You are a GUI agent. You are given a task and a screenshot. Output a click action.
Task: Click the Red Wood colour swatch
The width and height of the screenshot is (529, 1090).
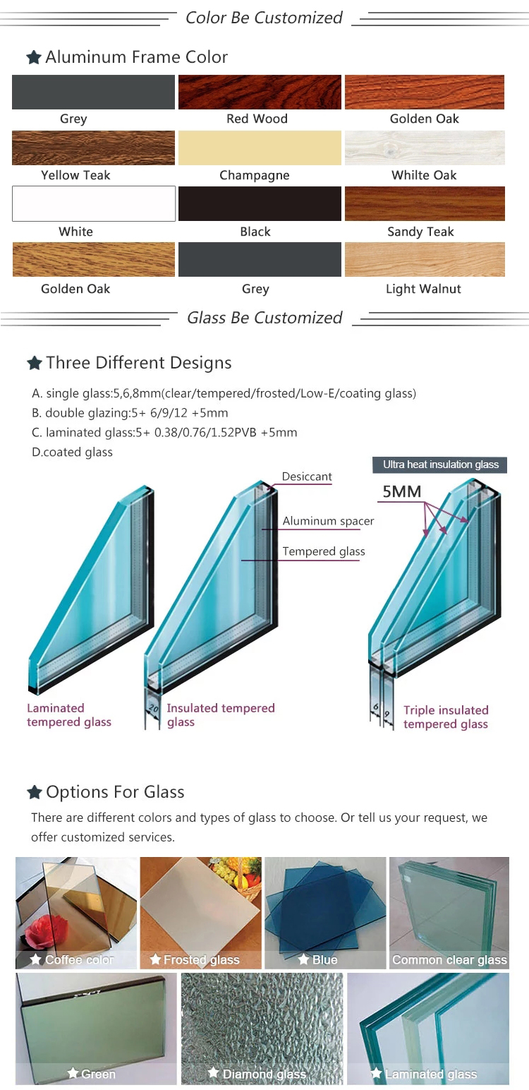tap(260, 92)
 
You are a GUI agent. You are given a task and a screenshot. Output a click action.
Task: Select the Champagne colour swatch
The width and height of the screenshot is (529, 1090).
tap(260, 148)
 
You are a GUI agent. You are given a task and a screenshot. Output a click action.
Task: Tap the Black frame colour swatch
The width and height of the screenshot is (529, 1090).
tap(260, 204)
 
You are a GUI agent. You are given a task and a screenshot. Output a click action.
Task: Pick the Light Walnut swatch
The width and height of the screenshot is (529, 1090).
tap(425, 259)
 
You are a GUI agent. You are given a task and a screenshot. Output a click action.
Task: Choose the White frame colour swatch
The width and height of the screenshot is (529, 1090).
tap(94, 204)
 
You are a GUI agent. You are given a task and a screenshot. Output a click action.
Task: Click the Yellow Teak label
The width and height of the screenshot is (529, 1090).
tap(75, 175)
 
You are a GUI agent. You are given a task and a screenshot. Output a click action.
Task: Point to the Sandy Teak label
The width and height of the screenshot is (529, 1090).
tap(420, 232)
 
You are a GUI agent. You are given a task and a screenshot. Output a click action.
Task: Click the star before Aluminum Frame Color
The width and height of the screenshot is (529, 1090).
tap(34, 57)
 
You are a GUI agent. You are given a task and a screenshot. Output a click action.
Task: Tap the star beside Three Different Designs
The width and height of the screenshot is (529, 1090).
tap(34, 363)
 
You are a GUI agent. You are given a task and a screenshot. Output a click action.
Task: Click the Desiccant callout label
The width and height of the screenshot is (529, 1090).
tap(307, 477)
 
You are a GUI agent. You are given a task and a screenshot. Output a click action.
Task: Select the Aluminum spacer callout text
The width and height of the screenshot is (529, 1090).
tap(328, 521)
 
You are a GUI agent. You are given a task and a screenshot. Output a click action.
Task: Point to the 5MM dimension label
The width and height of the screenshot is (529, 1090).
tap(401, 491)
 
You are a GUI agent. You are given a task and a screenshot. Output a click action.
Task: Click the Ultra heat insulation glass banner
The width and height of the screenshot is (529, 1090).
tap(440, 465)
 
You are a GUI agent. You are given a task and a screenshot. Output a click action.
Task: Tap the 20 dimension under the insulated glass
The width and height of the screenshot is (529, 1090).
tap(153, 709)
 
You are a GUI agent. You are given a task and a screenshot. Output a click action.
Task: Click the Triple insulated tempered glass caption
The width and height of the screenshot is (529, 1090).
tap(446, 717)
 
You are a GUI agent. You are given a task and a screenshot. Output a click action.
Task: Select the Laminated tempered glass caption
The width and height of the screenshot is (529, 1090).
tap(69, 715)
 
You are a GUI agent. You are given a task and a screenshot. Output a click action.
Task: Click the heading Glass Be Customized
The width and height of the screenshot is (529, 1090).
tap(264, 318)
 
